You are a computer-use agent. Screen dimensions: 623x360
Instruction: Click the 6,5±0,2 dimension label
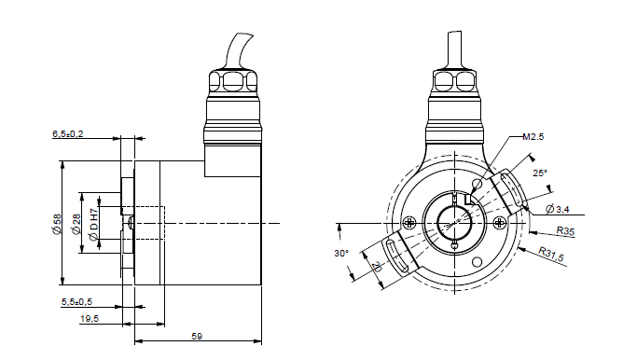[67, 134]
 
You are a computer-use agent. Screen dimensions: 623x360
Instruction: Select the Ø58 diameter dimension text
[57, 224]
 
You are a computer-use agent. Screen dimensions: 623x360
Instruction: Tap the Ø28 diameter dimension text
[76, 225]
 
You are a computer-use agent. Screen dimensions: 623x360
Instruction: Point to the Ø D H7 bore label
[93, 225]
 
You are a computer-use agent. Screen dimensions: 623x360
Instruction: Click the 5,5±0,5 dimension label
[76, 302]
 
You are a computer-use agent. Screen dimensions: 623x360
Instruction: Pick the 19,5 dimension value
[90, 319]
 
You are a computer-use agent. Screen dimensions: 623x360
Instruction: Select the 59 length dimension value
[197, 336]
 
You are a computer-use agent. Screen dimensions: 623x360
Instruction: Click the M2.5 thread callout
[533, 137]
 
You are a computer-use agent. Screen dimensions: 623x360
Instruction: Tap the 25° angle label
[540, 173]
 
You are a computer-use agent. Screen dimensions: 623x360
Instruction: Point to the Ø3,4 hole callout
[558, 209]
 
